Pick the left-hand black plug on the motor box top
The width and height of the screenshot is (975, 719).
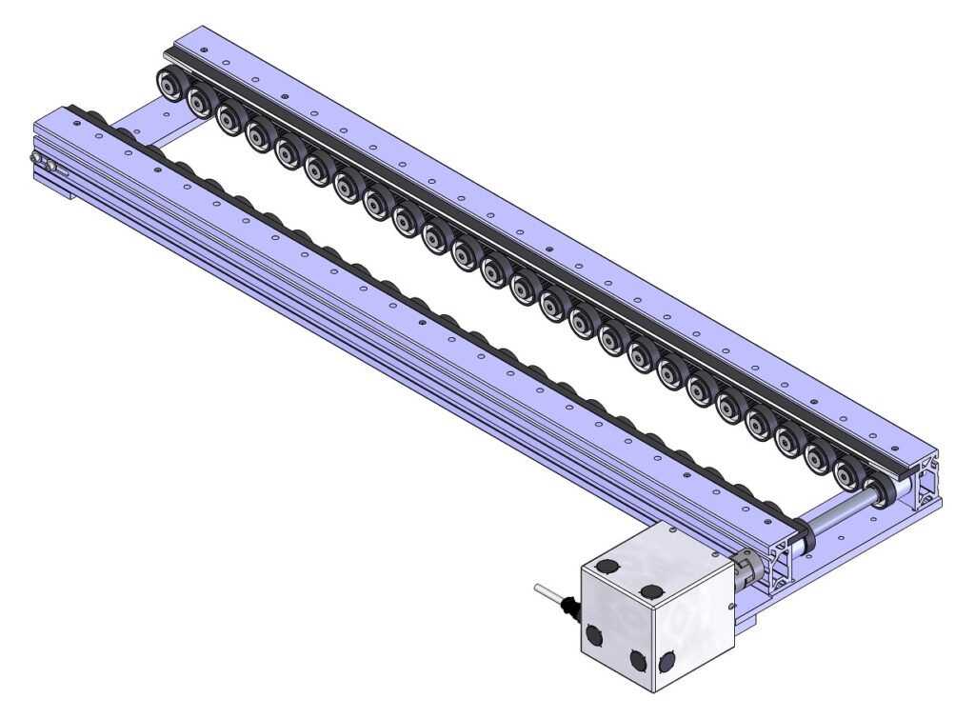(606, 569)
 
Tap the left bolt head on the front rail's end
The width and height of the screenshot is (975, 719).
(35, 157)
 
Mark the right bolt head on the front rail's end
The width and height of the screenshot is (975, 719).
(50, 169)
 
